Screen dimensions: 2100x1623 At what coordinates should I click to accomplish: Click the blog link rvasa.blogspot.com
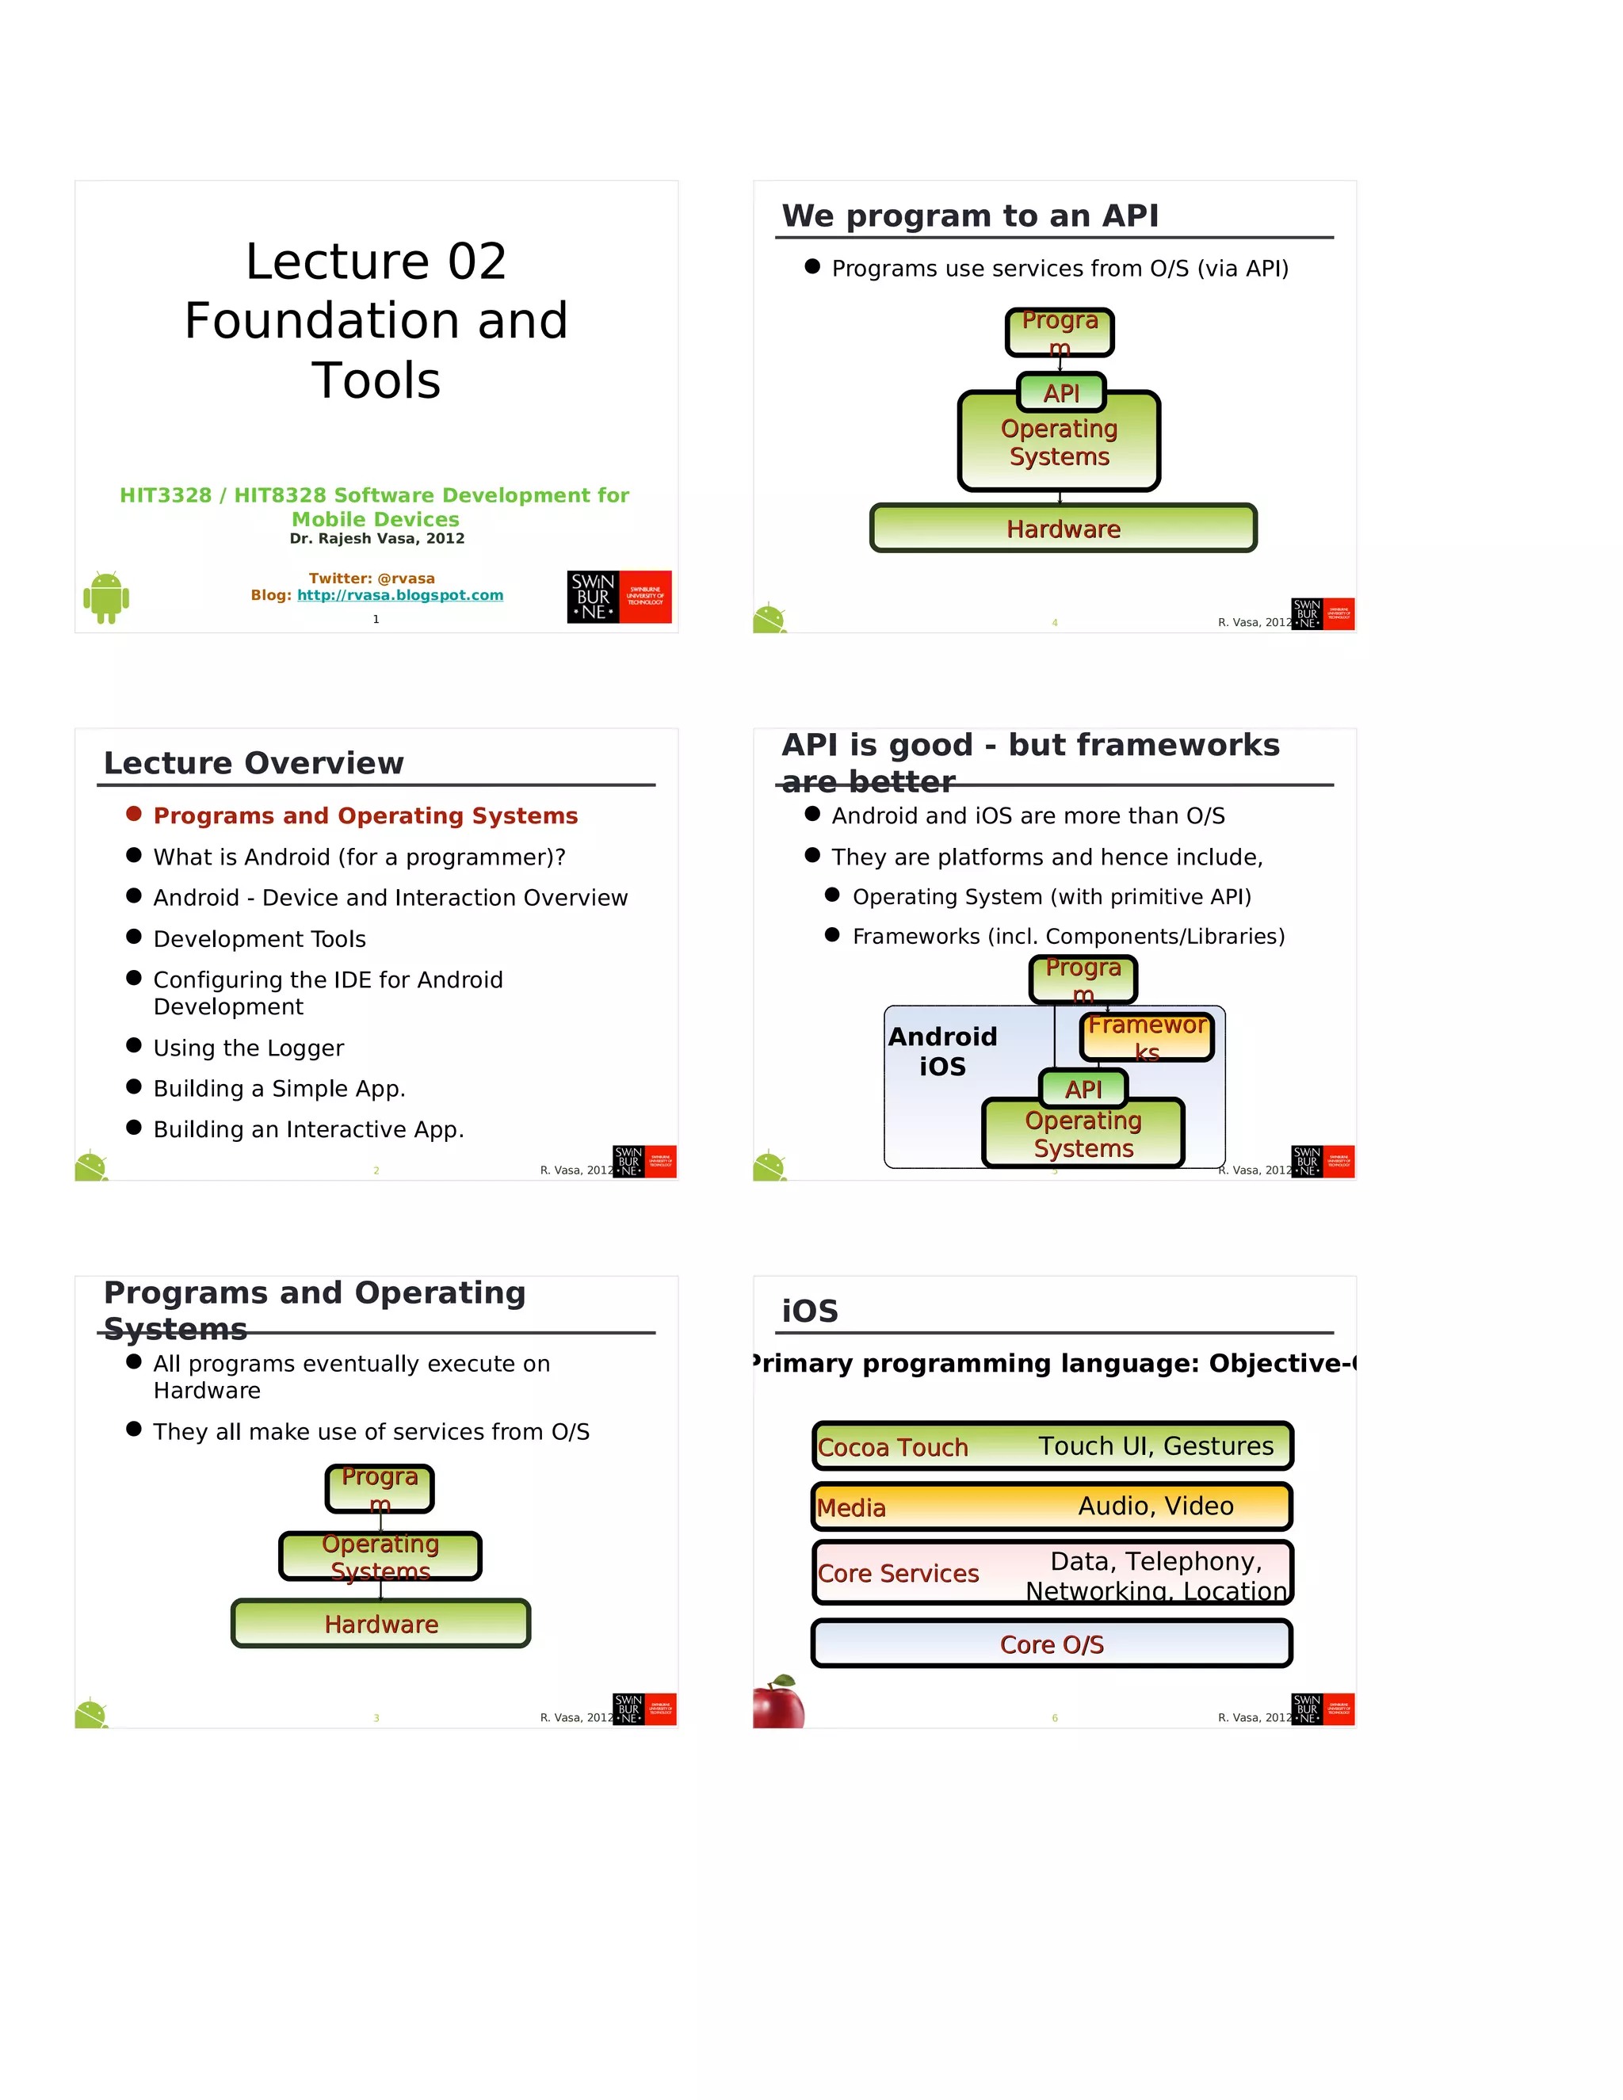coord(400,595)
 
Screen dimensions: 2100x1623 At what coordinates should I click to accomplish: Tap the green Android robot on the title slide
coord(105,598)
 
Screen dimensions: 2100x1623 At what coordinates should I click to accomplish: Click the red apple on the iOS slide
coord(779,1703)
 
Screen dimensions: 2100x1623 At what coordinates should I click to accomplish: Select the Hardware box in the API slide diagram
coord(1063,529)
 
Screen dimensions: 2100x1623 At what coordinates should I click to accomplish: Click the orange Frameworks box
coord(1146,1037)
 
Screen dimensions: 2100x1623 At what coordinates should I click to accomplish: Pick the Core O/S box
coord(1052,1644)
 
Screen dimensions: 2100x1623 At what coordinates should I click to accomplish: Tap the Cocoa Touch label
coord(892,1447)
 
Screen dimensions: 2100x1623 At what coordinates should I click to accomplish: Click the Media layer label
coord(851,1508)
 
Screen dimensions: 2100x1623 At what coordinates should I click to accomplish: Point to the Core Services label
coord(898,1573)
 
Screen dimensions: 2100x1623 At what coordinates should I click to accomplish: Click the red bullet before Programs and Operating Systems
coord(134,815)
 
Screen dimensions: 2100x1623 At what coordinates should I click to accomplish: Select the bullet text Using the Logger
coord(248,1048)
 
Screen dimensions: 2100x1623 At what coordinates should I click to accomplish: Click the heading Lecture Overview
coord(254,762)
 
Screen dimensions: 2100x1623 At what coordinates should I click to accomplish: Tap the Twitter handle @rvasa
coord(406,578)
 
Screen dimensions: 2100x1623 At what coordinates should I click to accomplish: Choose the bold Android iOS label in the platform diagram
coord(942,1051)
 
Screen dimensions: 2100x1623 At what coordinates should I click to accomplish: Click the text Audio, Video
coord(1155,1506)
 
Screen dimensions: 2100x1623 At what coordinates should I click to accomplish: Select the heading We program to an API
coord(969,216)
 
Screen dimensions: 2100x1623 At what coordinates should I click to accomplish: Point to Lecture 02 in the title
coord(376,262)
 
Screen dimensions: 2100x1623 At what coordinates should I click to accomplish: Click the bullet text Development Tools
coord(260,938)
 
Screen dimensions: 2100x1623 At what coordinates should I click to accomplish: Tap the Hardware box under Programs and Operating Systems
coord(380,1624)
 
